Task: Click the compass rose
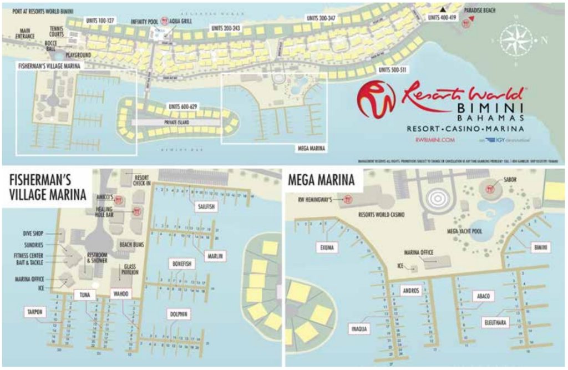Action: point(516,40)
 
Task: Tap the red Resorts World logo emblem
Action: point(376,99)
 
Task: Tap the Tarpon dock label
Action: point(34,312)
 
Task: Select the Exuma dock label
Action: point(327,247)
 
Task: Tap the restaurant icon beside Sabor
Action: point(490,189)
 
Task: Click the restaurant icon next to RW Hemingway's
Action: point(348,199)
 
